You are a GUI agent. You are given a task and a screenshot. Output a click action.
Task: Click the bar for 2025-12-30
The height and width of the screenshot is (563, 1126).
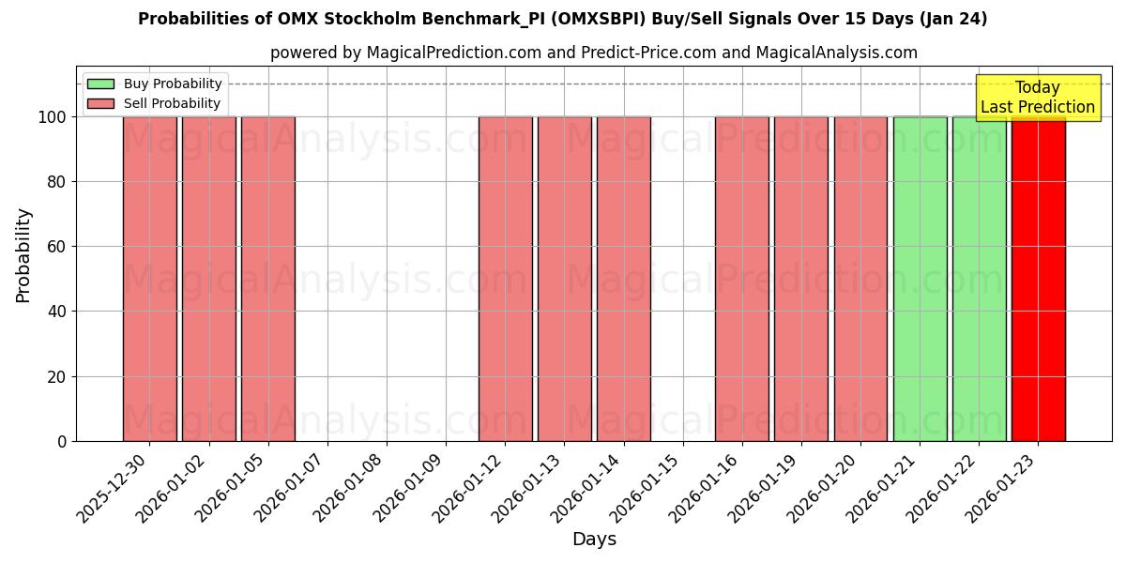[x=149, y=279]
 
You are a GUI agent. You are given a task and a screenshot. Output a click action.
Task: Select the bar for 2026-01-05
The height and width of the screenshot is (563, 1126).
[x=268, y=279]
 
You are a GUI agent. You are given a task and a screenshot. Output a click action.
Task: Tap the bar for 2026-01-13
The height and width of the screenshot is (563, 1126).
[x=564, y=279]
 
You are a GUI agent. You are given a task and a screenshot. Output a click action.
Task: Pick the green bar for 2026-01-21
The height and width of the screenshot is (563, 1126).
[x=920, y=279]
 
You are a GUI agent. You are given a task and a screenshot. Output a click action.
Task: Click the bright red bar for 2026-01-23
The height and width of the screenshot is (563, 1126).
[x=1038, y=279]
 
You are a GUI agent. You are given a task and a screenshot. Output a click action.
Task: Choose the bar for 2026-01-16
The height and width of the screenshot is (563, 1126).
[x=741, y=279]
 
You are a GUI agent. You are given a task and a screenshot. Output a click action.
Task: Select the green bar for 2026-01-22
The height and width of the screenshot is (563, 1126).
[x=979, y=279]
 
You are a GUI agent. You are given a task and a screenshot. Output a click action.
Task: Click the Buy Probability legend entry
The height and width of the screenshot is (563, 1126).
[x=155, y=84]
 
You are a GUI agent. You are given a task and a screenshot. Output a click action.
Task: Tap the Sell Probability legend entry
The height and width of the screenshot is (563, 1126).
[x=155, y=103]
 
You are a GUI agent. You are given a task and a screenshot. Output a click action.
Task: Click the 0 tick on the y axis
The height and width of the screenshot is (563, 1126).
[x=62, y=441]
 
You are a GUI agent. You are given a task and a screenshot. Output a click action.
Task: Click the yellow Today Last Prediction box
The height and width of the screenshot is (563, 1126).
[x=1037, y=98]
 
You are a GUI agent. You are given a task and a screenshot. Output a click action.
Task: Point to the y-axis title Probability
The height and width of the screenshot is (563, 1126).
[x=23, y=255]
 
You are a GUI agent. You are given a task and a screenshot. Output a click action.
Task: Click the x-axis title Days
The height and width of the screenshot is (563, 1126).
[x=594, y=540]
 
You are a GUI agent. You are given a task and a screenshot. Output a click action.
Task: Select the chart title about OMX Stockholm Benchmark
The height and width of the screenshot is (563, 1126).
[x=563, y=19]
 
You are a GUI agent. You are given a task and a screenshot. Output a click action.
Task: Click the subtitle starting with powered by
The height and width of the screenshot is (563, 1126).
[x=594, y=53]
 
